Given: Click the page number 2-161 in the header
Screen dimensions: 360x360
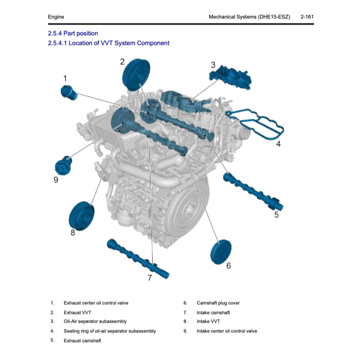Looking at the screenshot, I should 307,17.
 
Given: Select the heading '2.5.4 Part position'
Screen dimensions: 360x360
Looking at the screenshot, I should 73,33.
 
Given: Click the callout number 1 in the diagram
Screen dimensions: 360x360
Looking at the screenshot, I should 65,78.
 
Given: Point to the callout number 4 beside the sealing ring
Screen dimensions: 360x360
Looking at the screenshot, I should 278,144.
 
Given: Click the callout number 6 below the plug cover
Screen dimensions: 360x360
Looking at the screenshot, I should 228,266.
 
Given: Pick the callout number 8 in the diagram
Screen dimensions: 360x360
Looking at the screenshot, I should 73,233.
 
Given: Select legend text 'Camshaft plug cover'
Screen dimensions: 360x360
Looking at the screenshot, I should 218,303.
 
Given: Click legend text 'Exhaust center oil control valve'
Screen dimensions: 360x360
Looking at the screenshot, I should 96,303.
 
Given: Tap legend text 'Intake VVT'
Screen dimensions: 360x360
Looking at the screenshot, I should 208,322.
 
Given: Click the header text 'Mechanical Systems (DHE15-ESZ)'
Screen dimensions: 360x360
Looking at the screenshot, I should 249,17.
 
